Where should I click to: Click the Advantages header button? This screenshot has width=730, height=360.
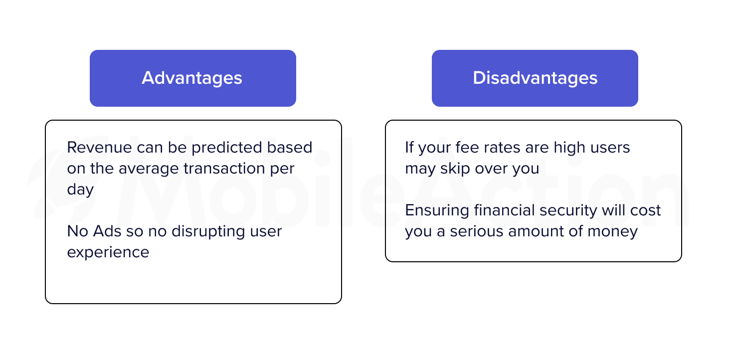pyautogui.click(x=193, y=78)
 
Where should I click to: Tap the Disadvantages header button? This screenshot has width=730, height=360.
pyautogui.click(x=535, y=78)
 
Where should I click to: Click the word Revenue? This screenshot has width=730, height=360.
pyautogui.click(x=99, y=147)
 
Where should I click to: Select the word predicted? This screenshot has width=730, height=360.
pyautogui.click(x=227, y=148)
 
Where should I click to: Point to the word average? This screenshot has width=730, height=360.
pyautogui.click(x=149, y=169)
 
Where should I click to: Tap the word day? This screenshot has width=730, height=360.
pyautogui.click(x=80, y=190)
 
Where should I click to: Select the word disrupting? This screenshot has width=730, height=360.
pyautogui.click(x=208, y=232)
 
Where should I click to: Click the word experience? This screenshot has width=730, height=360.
pyautogui.click(x=108, y=253)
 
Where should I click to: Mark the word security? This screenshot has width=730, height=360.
pyautogui.click(x=568, y=211)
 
